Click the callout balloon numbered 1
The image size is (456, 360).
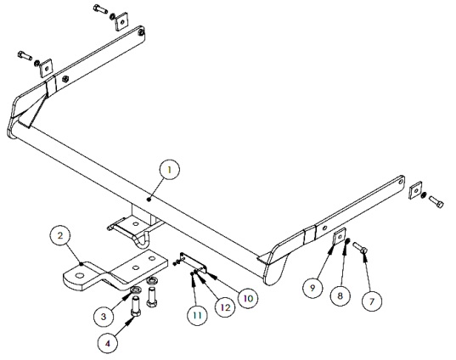click(170, 170)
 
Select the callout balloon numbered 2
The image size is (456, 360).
click(60, 235)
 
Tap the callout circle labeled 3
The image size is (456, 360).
click(104, 317)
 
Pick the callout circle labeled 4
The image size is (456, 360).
click(108, 343)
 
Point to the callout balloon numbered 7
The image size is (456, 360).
click(372, 301)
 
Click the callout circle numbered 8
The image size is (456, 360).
click(341, 295)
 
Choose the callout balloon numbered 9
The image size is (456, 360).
click(312, 288)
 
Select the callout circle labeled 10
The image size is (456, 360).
click(248, 298)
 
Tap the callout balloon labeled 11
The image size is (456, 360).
click(197, 315)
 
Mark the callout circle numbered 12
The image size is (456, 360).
click(225, 307)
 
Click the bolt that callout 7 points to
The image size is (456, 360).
click(360, 248)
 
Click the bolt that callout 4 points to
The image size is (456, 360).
click(136, 307)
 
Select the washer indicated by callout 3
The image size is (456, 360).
click(136, 290)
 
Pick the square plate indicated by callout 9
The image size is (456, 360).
click(339, 236)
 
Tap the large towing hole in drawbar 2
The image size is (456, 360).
click(79, 275)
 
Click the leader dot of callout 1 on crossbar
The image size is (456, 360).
click(149, 200)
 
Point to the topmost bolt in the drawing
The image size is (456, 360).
click(100, 8)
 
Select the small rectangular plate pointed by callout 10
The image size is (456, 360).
click(194, 262)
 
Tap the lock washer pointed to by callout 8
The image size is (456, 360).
click(347, 241)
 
